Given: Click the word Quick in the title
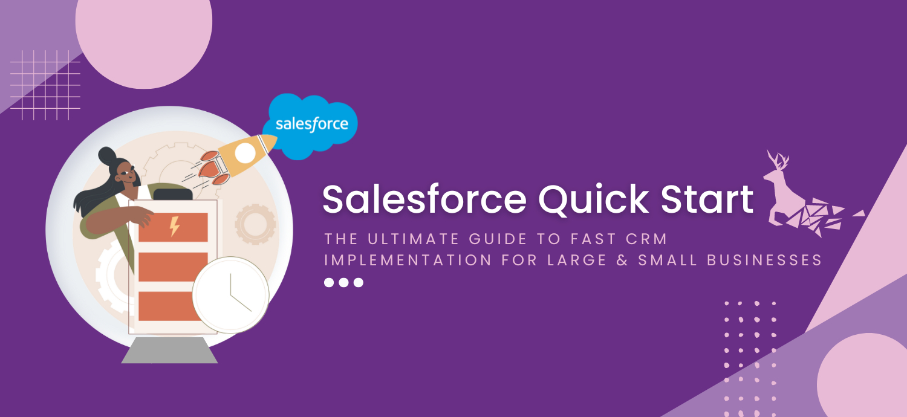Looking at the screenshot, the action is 594,200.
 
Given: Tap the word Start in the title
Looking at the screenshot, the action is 707,199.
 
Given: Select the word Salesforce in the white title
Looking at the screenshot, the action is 424,199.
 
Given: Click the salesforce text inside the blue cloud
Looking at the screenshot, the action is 312,124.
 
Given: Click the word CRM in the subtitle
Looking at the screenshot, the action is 646,239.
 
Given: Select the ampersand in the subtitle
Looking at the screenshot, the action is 622,260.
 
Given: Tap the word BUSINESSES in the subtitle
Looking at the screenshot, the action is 764,260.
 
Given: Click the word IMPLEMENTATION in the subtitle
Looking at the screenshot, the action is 408,260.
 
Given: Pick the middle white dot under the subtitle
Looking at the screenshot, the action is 343,283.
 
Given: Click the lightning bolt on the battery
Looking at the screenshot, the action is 174,226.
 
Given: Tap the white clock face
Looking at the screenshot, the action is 230,295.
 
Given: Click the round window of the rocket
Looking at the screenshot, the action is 245,153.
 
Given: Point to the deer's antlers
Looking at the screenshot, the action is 778,160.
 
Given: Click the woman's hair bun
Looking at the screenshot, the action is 107,156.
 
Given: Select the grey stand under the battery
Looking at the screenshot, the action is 169,350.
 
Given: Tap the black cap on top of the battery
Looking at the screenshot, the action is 173,195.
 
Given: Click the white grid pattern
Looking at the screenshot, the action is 45,85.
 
